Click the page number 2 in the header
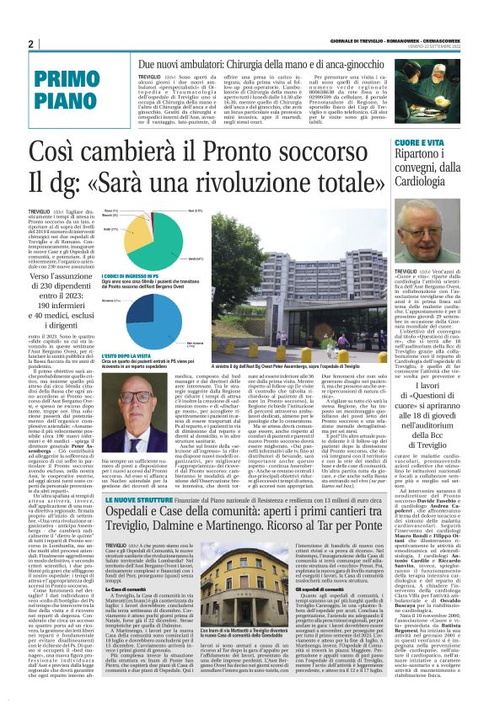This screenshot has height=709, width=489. tap(30, 44)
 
